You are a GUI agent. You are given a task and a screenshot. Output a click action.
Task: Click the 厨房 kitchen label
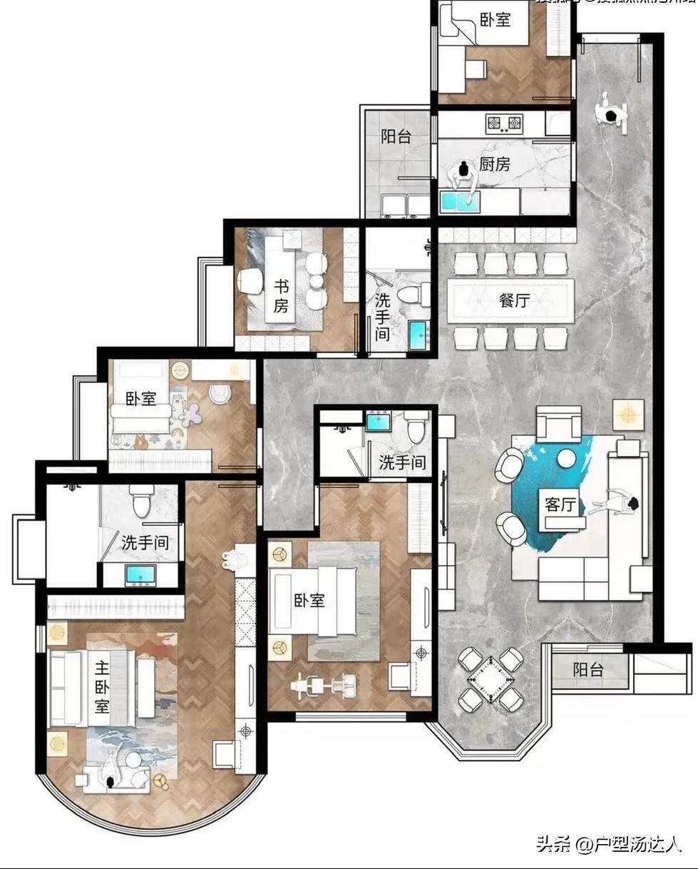point(494,165)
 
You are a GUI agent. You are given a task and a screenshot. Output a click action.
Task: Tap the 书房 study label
point(282,296)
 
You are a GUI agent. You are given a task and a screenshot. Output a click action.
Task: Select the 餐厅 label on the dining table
point(514,300)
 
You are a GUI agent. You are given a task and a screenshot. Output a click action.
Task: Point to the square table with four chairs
point(491,679)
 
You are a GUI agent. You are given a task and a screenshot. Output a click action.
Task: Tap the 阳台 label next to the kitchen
point(396,136)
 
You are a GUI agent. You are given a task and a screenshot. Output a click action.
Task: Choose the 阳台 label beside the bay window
point(588,670)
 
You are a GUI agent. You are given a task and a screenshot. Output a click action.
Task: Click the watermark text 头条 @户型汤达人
point(609,845)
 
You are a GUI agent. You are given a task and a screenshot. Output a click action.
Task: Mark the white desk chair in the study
point(250,281)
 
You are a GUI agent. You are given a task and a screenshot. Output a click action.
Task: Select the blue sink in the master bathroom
point(140,574)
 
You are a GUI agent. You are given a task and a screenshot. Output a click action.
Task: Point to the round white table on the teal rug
point(568,457)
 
